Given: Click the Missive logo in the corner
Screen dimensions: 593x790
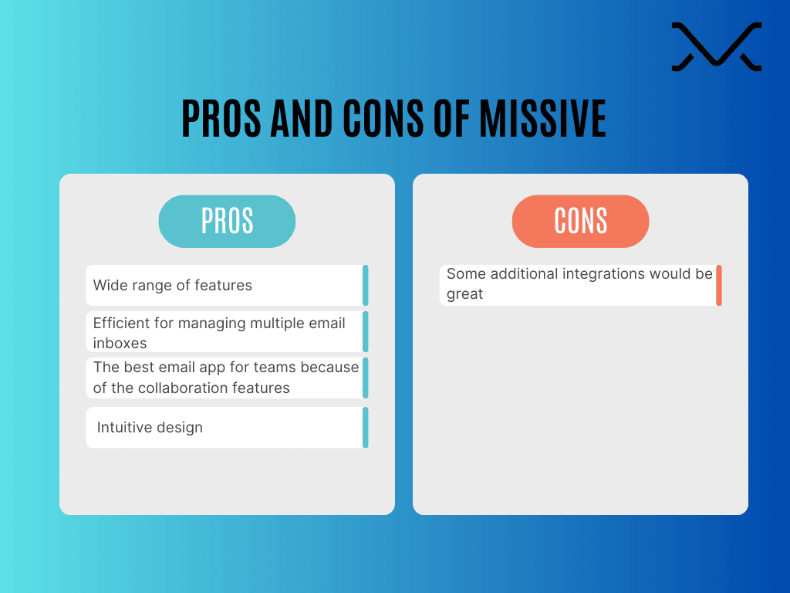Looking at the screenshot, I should [x=716, y=47].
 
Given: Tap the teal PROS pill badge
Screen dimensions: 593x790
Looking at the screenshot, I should [x=227, y=222].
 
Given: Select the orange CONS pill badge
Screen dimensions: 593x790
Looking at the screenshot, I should [x=580, y=222].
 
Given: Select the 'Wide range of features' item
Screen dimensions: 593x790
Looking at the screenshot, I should [x=173, y=286].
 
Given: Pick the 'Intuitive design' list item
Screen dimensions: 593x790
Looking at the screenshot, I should [x=150, y=428].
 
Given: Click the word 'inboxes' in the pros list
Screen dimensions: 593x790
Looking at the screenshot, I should [x=120, y=342].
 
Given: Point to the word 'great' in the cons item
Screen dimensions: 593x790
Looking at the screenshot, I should [x=464, y=294].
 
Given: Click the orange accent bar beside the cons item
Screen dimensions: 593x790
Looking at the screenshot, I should [x=719, y=285].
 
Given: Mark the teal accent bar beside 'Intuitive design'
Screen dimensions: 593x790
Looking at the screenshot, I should [x=366, y=428].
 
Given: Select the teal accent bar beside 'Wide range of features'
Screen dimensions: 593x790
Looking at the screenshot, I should [x=366, y=285].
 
